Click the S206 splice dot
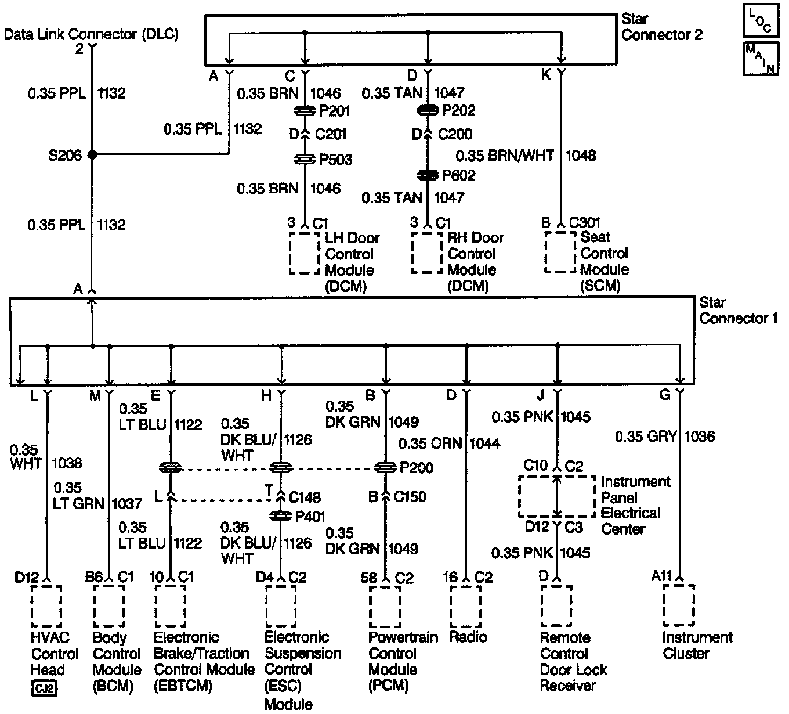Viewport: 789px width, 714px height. [x=92, y=155]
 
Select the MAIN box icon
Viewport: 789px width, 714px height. [x=760, y=59]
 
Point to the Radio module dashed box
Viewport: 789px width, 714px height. [x=465, y=606]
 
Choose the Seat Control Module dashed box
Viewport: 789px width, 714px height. [x=560, y=252]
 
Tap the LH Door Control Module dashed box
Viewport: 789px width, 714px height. [x=305, y=253]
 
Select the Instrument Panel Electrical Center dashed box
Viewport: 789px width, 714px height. [x=556, y=497]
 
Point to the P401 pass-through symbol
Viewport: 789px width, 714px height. [x=281, y=516]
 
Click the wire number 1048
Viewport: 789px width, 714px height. [x=581, y=156]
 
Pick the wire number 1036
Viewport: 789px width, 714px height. [x=700, y=437]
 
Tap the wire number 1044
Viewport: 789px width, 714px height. [x=484, y=443]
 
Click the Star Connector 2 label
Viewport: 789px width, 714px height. [x=661, y=27]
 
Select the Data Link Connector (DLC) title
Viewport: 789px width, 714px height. [x=91, y=34]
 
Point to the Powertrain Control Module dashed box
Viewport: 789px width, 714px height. [x=385, y=606]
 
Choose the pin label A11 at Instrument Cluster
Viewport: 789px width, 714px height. [x=661, y=576]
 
